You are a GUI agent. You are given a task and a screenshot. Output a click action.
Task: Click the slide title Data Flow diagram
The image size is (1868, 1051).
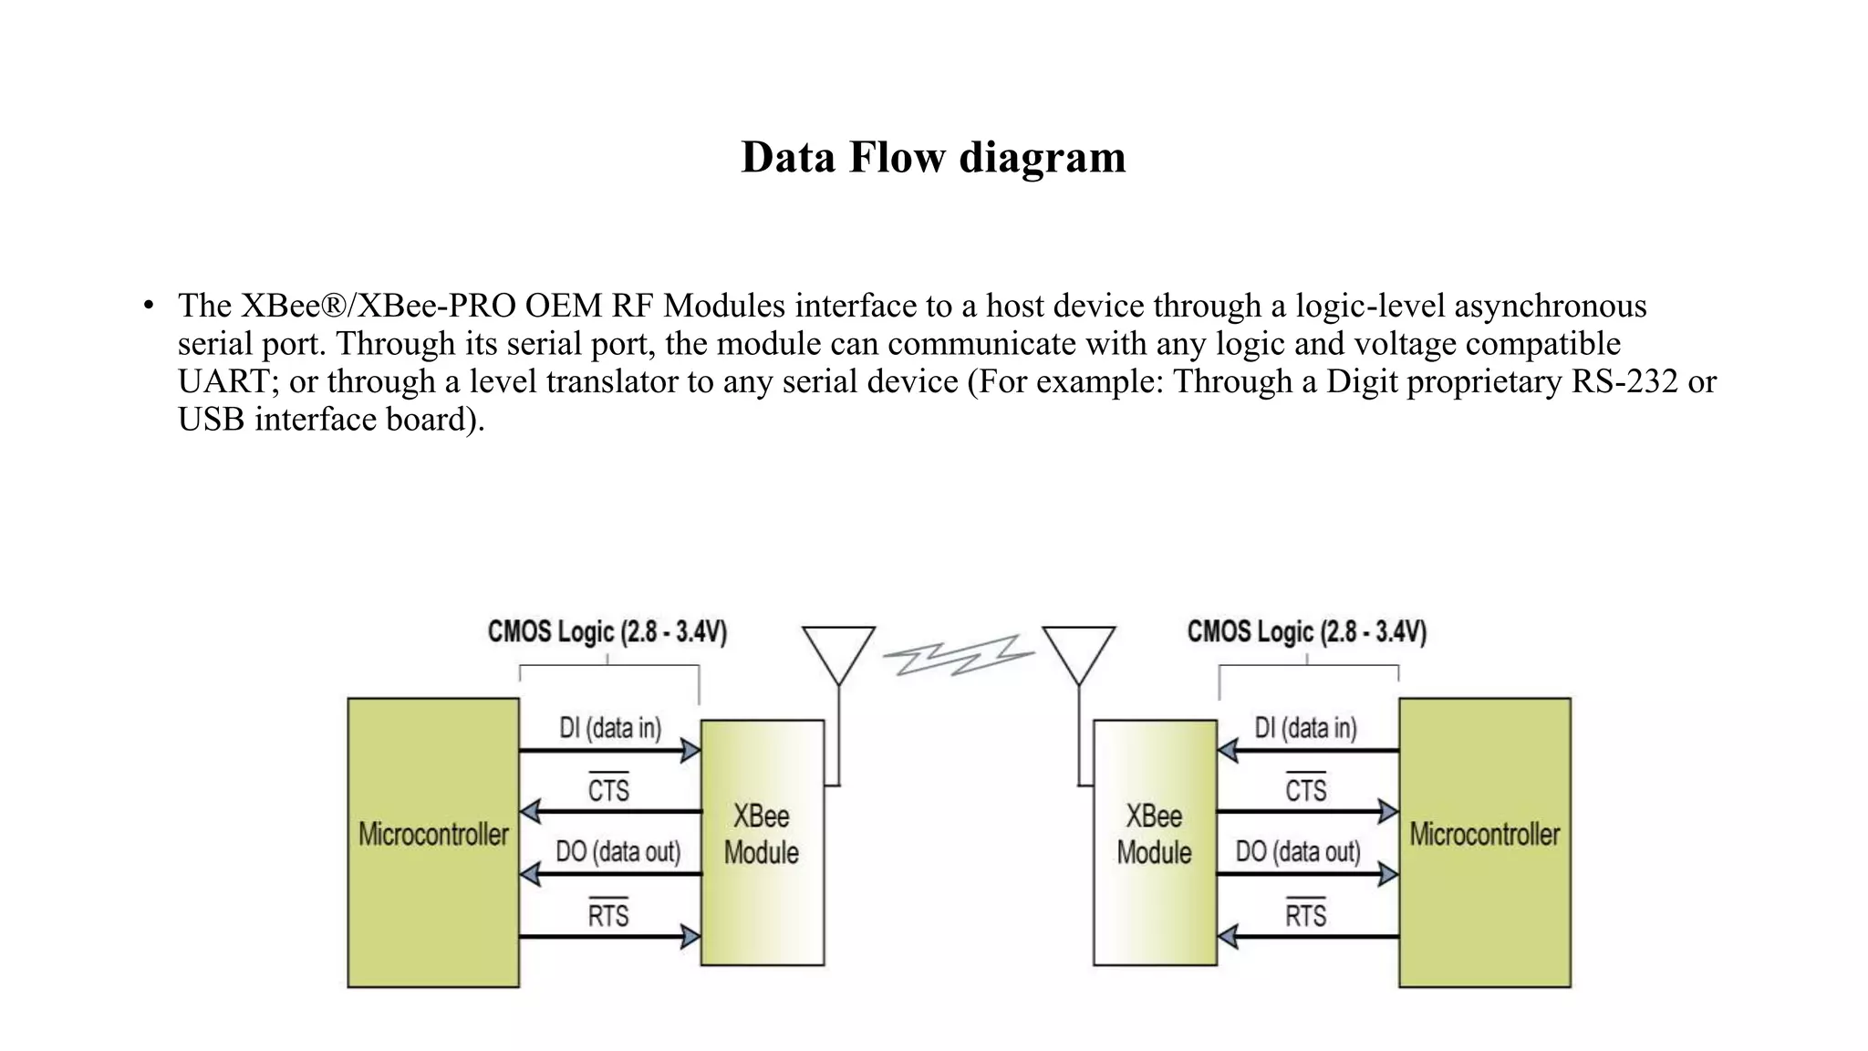click(933, 157)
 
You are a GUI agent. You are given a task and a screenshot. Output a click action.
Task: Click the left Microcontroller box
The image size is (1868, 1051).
click(433, 842)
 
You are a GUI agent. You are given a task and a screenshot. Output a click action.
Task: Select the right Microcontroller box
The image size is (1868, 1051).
click(1484, 842)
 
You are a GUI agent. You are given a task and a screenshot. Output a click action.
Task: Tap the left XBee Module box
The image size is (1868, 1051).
click(762, 842)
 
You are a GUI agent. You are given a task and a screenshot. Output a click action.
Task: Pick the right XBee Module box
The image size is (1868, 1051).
click(1155, 842)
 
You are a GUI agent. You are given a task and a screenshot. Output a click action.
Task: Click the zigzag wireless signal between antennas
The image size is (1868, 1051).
click(959, 655)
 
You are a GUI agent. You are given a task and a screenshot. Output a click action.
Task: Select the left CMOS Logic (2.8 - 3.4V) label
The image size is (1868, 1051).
click(607, 631)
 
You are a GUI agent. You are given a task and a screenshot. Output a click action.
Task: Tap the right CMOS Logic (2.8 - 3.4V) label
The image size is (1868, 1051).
click(1306, 631)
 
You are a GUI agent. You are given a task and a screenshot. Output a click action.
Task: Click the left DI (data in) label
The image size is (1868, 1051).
click(609, 728)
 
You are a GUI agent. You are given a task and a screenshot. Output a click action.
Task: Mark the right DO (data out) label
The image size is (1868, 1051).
click(1298, 852)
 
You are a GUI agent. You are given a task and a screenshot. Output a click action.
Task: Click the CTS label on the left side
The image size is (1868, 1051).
click(608, 789)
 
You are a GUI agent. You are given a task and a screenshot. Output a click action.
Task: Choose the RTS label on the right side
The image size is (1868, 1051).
click(1305, 915)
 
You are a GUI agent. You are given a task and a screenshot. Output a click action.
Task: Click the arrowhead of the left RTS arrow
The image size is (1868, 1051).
click(690, 936)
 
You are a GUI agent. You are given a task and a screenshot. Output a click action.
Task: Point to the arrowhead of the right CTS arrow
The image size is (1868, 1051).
click(1388, 811)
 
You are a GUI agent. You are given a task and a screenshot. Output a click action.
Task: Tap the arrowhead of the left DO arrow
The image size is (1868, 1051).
click(530, 874)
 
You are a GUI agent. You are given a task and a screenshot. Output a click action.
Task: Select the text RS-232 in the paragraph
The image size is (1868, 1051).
click(1624, 381)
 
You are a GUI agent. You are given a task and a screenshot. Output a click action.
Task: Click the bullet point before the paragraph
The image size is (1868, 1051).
click(148, 306)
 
